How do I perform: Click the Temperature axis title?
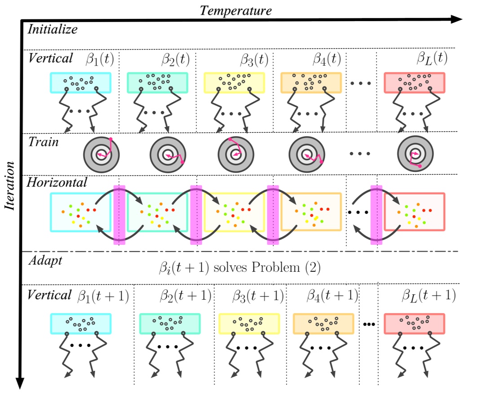point(235,10)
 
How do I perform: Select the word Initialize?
point(53,30)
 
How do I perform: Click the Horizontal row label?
point(57,182)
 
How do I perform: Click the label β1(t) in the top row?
point(99,59)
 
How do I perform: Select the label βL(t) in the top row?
point(432,59)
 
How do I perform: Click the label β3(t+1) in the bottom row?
point(258,295)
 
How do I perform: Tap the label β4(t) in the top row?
point(327,59)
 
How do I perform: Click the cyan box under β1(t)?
point(81,83)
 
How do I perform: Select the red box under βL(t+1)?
point(414,324)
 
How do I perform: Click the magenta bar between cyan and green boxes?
point(119,215)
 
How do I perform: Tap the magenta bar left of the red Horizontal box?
point(376,215)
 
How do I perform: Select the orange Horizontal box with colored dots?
point(311,212)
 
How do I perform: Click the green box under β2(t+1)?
point(170,324)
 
